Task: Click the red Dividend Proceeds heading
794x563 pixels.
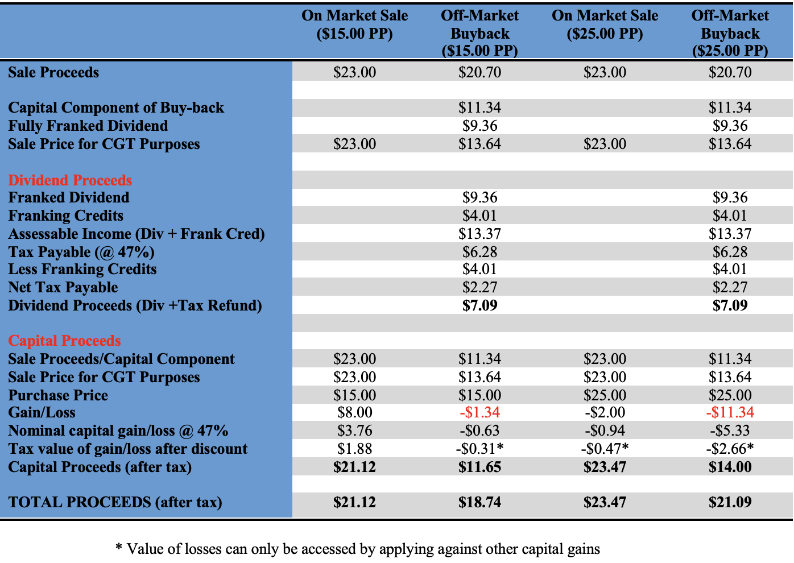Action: click(x=70, y=180)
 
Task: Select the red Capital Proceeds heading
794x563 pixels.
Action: click(x=64, y=341)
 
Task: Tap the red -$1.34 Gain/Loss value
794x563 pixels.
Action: click(x=479, y=412)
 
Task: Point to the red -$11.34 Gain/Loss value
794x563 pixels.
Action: click(x=730, y=412)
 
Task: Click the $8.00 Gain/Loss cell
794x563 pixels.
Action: click(x=354, y=412)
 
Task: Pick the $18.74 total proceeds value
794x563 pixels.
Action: click(x=479, y=502)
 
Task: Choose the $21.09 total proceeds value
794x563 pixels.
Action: click(x=730, y=502)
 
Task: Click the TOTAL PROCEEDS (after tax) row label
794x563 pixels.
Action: click(x=115, y=502)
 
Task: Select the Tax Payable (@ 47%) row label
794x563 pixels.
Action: click(x=81, y=252)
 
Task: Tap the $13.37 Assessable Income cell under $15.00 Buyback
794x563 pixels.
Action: click(x=479, y=234)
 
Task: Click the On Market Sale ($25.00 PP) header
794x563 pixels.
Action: click(x=605, y=24)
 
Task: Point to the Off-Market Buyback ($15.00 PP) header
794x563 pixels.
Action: click(x=479, y=33)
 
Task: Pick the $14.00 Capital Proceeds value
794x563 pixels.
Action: click(x=730, y=467)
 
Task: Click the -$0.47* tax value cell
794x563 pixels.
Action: click(x=605, y=449)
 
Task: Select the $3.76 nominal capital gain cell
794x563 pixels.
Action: click(x=354, y=430)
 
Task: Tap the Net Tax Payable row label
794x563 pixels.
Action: click(x=63, y=287)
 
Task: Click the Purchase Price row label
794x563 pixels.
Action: click(x=58, y=395)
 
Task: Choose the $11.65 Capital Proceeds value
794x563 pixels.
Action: click(x=479, y=467)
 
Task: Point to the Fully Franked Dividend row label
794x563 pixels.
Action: click(x=88, y=126)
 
